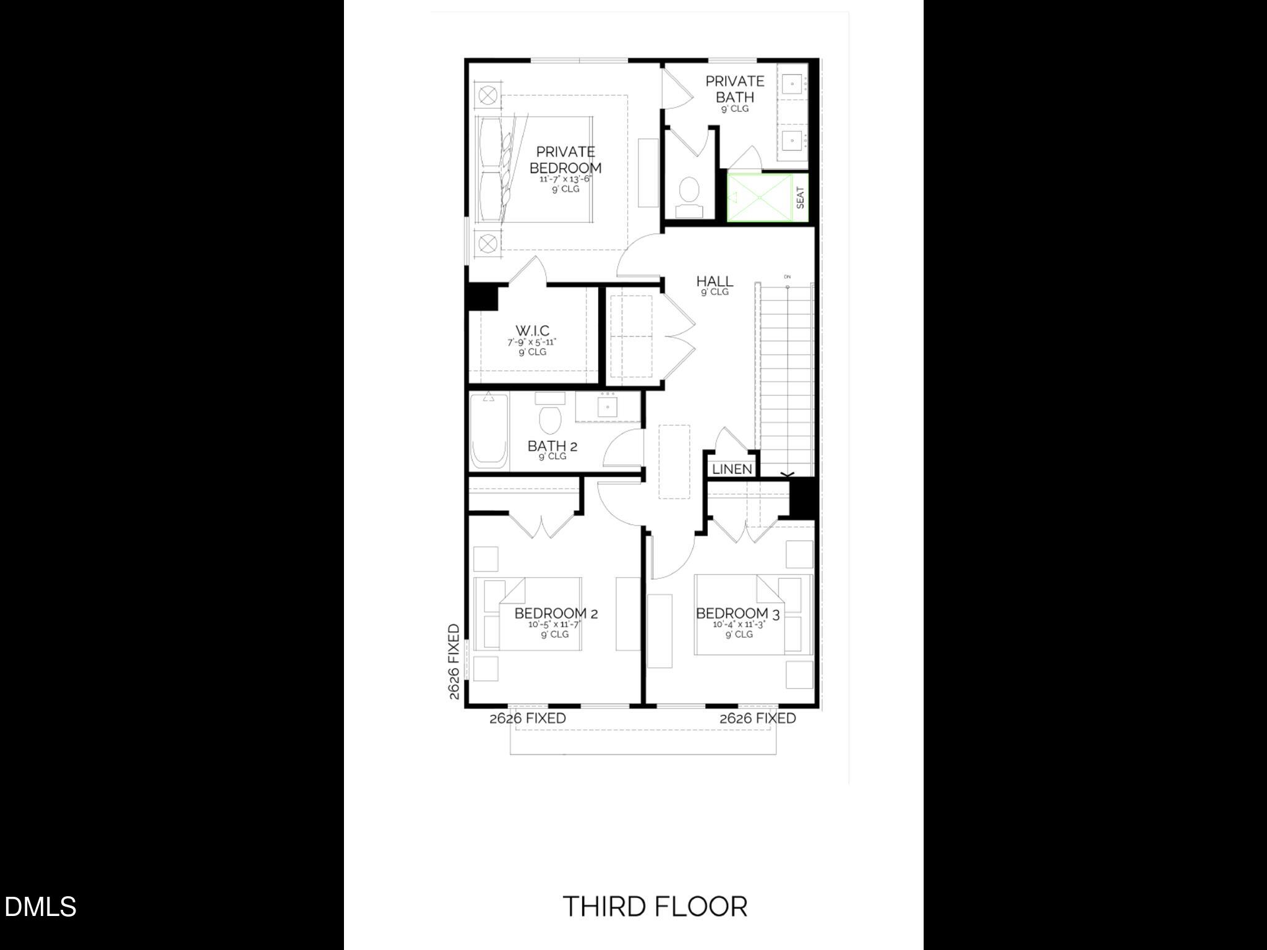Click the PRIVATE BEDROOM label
pyautogui.click(x=565, y=160)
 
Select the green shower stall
pyautogui.click(x=759, y=198)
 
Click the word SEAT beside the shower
pyautogui.click(x=801, y=198)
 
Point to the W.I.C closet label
pyautogui.click(x=532, y=331)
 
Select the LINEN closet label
pyautogui.click(x=732, y=469)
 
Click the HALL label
pyautogui.click(x=715, y=281)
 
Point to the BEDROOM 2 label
pyautogui.click(x=556, y=614)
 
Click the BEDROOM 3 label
pyautogui.click(x=737, y=614)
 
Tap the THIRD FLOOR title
pyautogui.click(x=655, y=907)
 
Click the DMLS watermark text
pyautogui.click(x=40, y=907)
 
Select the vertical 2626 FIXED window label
pyautogui.click(x=455, y=662)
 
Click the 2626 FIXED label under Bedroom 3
pyautogui.click(x=757, y=718)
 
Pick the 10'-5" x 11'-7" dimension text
pyautogui.click(x=554, y=625)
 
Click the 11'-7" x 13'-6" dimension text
pyautogui.click(x=565, y=179)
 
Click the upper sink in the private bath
pyautogui.click(x=792, y=83)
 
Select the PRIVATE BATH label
pyautogui.click(x=734, y=89)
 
